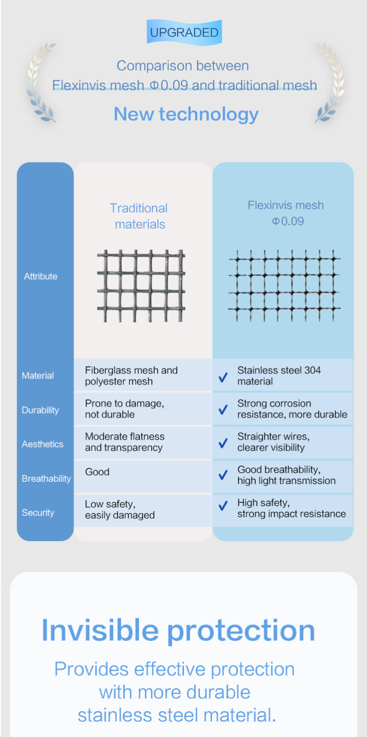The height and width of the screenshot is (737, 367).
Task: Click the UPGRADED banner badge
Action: point(184,32)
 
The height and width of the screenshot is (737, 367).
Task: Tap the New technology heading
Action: point(186,114)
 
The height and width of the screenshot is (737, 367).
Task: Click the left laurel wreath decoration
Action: point(40,82)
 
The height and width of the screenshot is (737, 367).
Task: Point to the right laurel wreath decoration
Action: point(330,82)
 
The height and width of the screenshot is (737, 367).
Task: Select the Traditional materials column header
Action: point(139,216)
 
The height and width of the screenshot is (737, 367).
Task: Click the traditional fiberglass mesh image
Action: point(141,286)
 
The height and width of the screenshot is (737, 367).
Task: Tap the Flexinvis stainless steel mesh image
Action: point(284,285)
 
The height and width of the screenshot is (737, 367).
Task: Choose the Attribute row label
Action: point(40,276)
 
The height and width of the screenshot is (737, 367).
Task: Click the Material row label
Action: point(38,375)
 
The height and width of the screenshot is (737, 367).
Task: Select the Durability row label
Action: point(40,410)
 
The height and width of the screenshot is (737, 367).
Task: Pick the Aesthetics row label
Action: point(42,444)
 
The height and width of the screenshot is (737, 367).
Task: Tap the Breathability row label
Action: point(46,479)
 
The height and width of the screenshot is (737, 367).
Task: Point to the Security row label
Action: point(38,513)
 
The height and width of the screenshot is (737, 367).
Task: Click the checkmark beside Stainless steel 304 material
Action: point(223,377)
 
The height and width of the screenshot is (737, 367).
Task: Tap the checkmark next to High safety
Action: point(223,505)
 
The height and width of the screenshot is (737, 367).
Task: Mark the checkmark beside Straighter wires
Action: point(223,443)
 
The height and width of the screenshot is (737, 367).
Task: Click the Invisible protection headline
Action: point(178,630)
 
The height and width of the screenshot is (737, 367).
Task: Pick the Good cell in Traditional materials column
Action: point(97,472)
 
